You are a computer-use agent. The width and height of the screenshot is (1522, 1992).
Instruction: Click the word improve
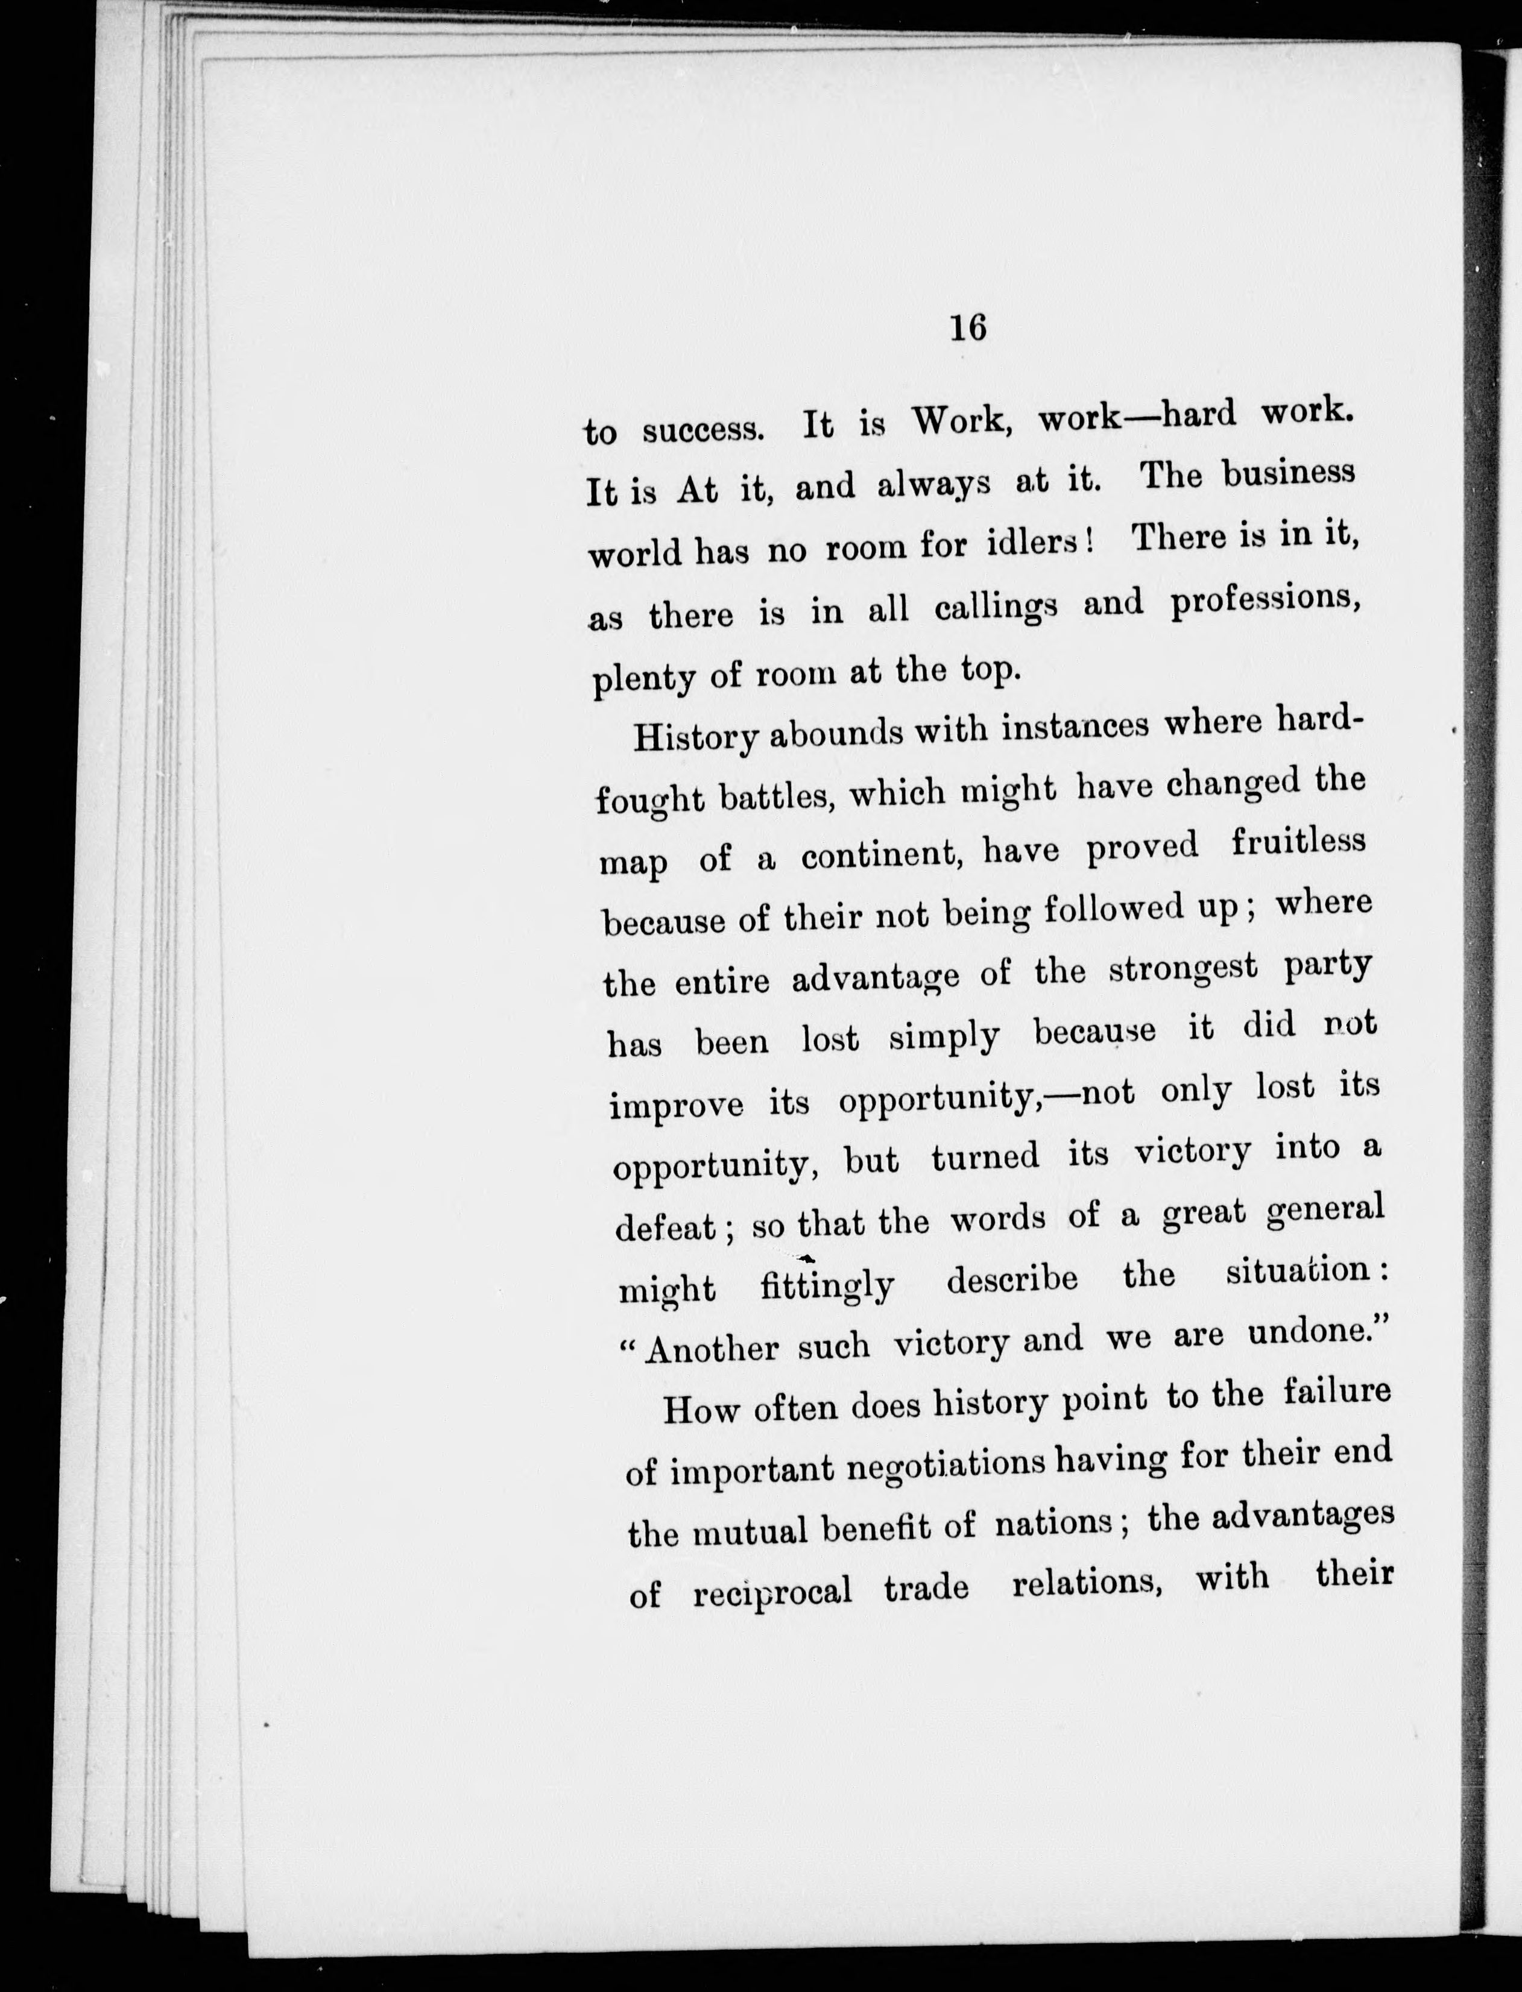click(x=677, y=1105)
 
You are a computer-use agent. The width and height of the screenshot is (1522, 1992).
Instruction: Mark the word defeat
click(x=667, y=1228)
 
